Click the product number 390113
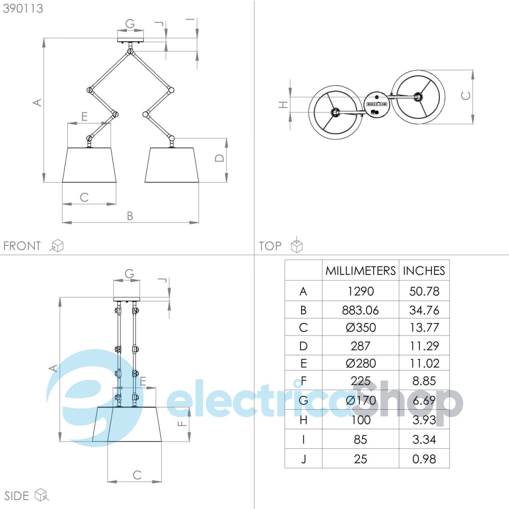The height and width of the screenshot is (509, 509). click(23, 9)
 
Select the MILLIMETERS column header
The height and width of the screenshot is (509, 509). click(360, 271)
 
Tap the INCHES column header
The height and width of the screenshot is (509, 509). click(424, 271)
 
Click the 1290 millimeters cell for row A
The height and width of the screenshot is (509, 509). click(361, 291)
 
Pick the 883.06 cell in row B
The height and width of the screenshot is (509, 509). click(360, 310)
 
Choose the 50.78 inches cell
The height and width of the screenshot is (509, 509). click(424, 291)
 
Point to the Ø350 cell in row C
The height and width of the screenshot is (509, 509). click(361, 327)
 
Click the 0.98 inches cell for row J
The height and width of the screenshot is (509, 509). click(424, 459)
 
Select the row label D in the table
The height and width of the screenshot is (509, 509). click(303, 346)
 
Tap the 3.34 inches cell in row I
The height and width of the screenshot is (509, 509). click(424, 439)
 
